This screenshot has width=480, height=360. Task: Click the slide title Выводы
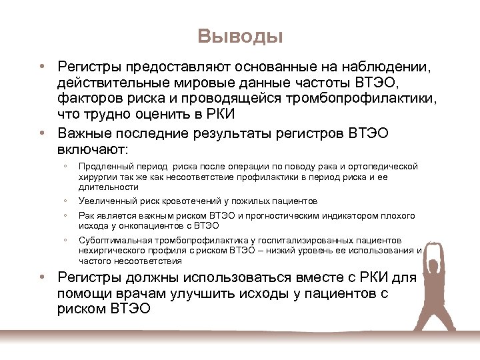(x=240, y=36)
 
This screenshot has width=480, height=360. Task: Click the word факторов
(x=86, y=99)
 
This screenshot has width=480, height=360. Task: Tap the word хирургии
(x=95, y=177)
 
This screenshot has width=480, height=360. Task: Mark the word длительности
(x=103, y=187)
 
